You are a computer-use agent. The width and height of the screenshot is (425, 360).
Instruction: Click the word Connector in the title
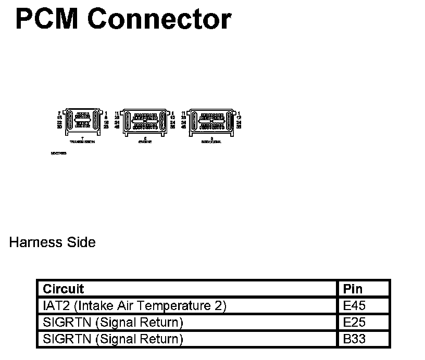(159, 19)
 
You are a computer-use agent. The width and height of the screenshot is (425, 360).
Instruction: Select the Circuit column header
(63, 289)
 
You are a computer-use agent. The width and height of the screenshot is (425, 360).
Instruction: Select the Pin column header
(353, 289)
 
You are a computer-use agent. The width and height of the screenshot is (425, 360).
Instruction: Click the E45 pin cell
(355, 305)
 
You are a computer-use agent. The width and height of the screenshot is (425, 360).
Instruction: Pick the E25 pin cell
(355, 323)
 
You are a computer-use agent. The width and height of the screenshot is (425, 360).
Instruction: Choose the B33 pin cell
(355, 339)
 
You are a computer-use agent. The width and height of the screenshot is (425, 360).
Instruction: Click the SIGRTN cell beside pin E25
(113, 323)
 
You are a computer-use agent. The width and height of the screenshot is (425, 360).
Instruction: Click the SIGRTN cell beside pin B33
(113, 339)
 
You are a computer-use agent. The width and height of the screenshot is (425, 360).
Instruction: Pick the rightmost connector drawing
(211, 122)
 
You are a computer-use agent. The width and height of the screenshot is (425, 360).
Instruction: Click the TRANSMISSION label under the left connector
(82, 142)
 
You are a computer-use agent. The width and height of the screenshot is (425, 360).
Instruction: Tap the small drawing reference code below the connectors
(58, 153)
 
